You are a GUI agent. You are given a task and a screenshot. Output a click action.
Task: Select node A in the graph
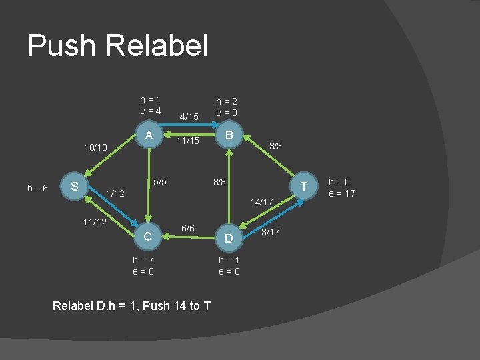click(x=149, y=135)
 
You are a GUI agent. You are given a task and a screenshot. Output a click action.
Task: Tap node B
click(x=229, y=135)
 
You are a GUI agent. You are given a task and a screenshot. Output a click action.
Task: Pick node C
click(x=149, y=236)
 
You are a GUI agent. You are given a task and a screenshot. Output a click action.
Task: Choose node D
click(x=229, y=238)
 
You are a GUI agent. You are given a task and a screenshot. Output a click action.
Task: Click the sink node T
click(x=303, y=187)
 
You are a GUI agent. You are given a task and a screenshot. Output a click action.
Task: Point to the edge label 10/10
click(x=94, y=146)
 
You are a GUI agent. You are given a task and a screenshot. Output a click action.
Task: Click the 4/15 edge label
click(x=189, y=117)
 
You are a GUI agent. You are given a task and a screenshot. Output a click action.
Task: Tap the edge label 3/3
click(x=275, y=145)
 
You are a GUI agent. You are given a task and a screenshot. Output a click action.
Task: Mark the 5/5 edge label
click(x=160, y=181)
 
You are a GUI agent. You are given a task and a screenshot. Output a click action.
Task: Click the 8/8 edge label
click(x=219, y=181)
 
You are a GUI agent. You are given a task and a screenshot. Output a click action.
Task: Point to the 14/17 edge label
click(x=261, y=201)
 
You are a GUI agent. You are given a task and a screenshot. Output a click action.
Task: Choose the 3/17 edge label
click(x=270, y=232)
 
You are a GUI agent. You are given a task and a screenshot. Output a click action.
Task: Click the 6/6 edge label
click(x=188, y=229)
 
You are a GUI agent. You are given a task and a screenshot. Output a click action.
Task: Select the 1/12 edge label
click(x=116, y=193)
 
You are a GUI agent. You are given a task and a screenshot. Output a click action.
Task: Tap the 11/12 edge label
click(x=93, y=221)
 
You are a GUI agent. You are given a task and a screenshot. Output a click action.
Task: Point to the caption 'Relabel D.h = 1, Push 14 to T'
click(x=131, y=306)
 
